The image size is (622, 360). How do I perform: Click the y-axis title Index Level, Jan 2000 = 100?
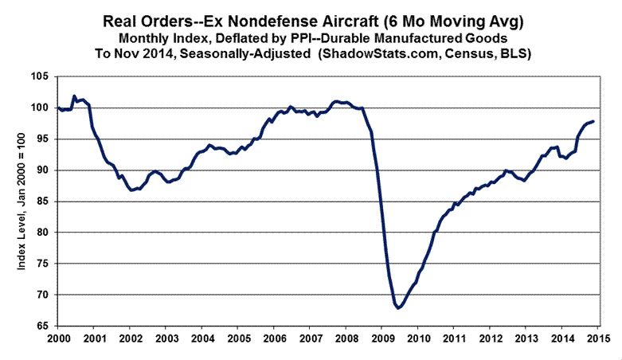22,201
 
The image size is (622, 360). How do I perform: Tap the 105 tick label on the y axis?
41,77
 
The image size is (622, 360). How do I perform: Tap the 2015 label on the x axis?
595,340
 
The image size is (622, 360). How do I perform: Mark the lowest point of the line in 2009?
397,307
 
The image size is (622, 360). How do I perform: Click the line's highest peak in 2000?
74,96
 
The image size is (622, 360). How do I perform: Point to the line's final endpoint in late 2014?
593,121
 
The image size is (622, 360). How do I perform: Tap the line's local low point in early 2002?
132,190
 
